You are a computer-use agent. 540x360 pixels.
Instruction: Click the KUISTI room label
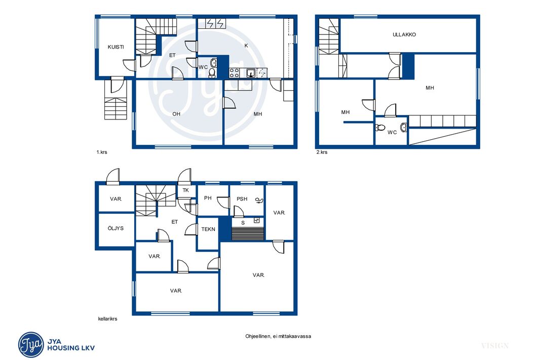(x=115, y=47)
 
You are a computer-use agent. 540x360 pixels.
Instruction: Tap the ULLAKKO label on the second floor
(x=404, y=34)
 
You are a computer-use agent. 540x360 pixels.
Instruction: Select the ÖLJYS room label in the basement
(x=115, y=228)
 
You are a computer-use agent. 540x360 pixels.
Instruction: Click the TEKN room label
(x=208, y=229)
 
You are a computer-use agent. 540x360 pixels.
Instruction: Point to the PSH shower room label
(x=242, y=199)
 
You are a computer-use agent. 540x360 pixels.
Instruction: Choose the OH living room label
(x=176, y=114)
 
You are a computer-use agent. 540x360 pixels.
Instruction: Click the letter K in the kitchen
(x=246, y=46)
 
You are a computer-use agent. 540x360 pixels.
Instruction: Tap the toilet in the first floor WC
(x=212, y=72)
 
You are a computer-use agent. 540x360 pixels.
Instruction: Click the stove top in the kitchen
(x=235, y=72)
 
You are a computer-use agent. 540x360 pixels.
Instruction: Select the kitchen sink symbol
(x=251, y=72)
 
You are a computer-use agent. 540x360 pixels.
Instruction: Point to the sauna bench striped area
(x=248, y=233)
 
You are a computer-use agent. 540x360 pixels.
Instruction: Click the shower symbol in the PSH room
(x=259, y=201)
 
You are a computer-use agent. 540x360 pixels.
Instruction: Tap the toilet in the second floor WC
(x=380, y=128)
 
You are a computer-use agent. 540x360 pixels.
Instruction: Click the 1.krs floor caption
(x=102, y=152)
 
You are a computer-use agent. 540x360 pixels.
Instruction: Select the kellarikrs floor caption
(x=107, y=318)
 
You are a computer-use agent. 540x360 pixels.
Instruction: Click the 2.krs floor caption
(x=322, y=152)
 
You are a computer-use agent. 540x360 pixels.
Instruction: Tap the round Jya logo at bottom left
(x=31, y=344)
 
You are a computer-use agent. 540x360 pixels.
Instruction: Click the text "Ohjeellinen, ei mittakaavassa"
(x=278, y=336)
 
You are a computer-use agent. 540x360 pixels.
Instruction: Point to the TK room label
(x=185, y=190)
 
